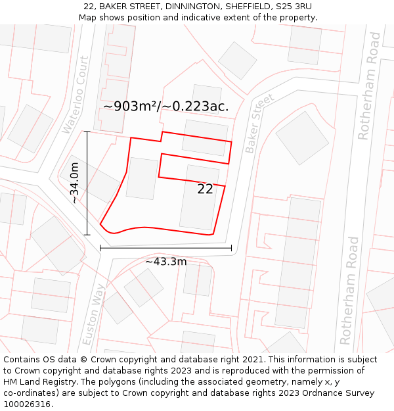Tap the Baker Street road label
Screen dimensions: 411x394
point(259,124)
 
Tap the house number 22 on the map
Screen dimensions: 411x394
point(205,189)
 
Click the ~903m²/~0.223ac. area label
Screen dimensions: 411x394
point(165,107)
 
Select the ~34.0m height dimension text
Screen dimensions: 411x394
point(75,183)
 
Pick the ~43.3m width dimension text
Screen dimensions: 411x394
point(165,262)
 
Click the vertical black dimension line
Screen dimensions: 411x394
point(87,183)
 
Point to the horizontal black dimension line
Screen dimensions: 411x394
point(165,249)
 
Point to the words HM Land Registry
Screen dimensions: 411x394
point(33,382)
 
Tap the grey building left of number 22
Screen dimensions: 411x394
point(142,178)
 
